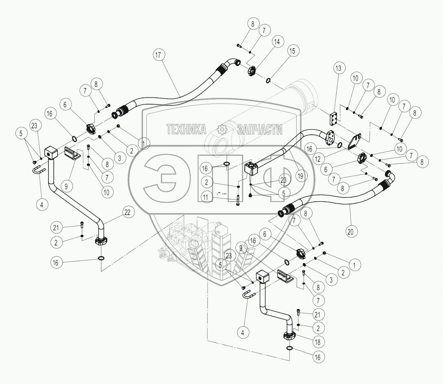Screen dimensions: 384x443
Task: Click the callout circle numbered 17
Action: (x=158, y=55)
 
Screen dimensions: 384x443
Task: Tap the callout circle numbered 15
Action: (x=293, y=51)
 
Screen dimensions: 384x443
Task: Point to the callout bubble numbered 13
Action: (x=339, y=68)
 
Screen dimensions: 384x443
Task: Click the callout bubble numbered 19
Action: (x=301, y=176)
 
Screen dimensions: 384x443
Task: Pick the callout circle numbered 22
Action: (x=128, y=212)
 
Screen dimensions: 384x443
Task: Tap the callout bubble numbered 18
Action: (x=318, y=342)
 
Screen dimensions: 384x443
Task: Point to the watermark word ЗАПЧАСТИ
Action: (x=260, y=130)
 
